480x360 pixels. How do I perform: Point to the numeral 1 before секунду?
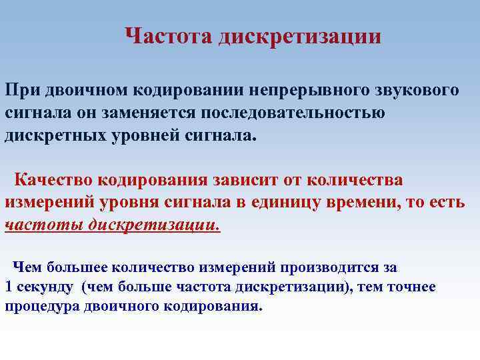tap(9, 287)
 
